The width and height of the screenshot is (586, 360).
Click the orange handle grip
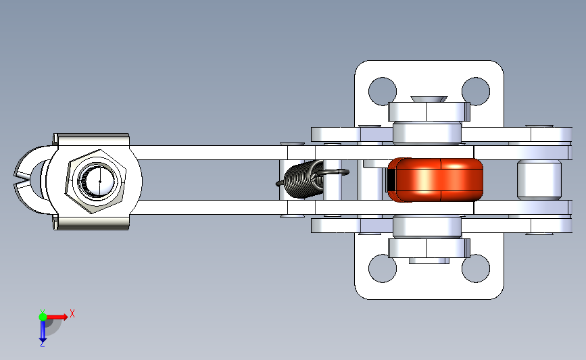436,180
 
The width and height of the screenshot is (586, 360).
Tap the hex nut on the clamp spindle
96,182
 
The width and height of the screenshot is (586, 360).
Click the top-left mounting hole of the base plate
382,91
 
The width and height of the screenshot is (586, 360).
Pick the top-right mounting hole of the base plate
475,91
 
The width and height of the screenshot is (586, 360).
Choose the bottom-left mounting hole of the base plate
382,268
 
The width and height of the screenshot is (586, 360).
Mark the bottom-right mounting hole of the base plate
475,268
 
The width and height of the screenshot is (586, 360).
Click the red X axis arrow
57,317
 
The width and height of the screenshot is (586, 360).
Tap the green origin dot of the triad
43,317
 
